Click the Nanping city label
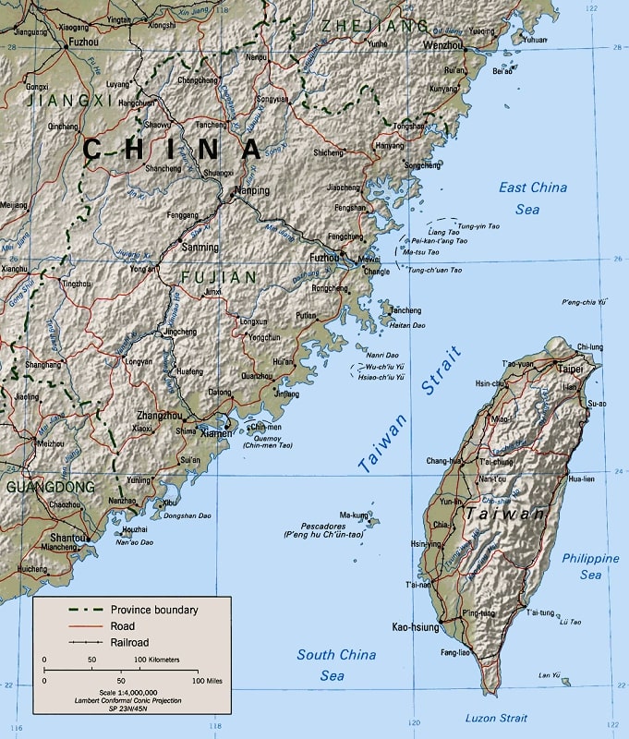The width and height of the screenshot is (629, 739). tap(252, 191)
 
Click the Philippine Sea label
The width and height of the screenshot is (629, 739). tap(590, 566)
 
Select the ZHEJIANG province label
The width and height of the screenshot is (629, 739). tap(374, 26)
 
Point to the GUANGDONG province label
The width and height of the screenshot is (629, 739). tap(50, 486)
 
